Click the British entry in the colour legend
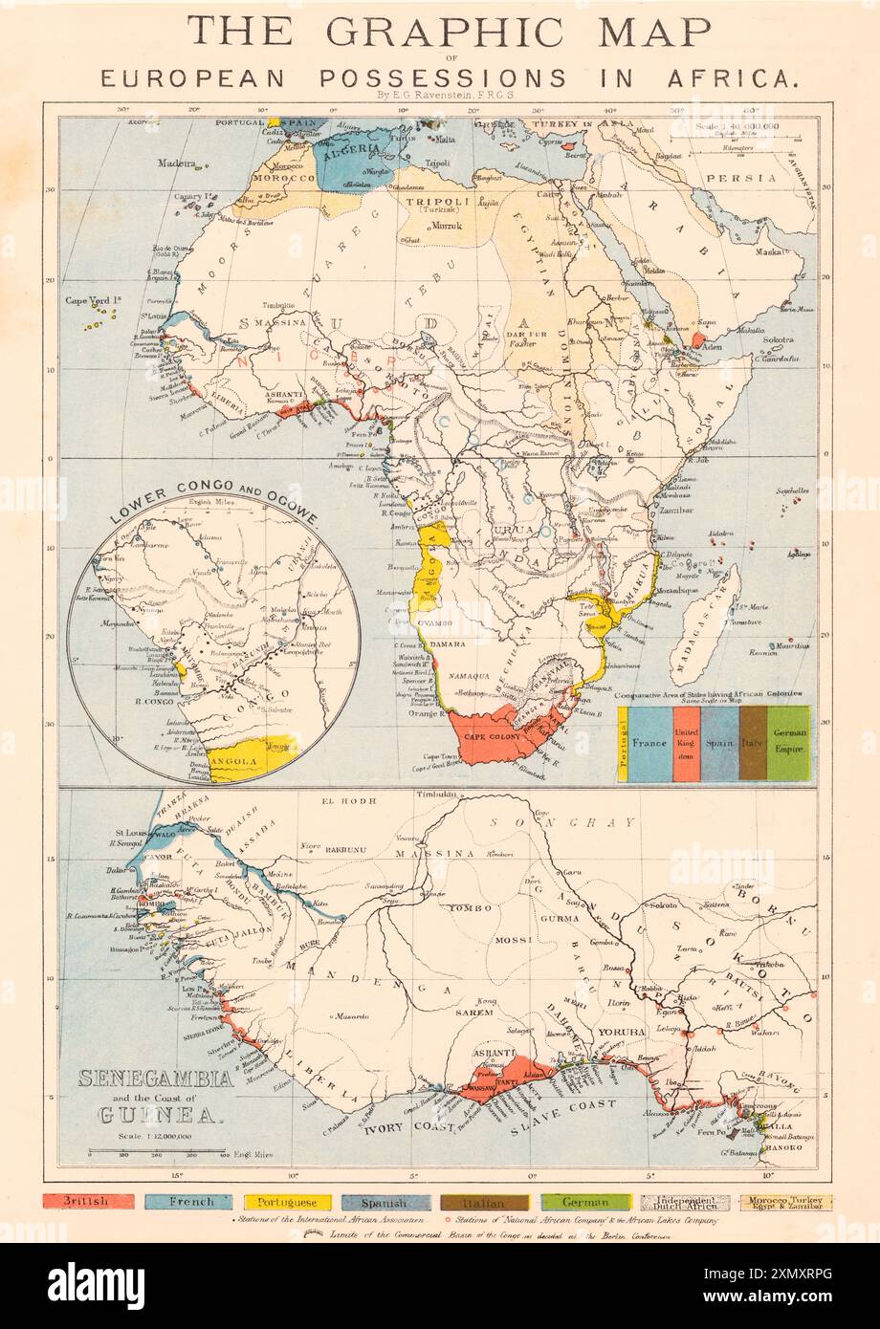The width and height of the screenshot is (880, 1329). [87, 1202]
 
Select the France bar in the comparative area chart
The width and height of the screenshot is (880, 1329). [650, 744]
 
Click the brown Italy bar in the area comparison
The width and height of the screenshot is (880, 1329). [753, 744]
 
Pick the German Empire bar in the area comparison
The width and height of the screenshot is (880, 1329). [789, 744]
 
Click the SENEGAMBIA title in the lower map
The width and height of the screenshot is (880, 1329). [155, 1079]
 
